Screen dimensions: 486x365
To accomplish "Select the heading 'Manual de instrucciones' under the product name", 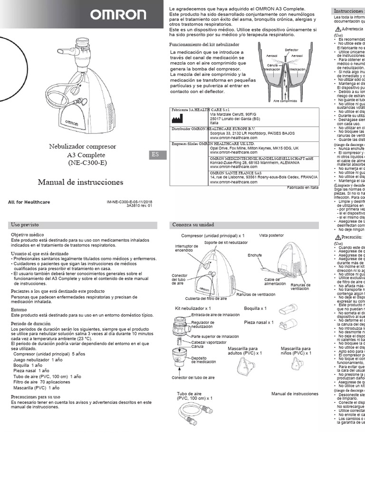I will tap(80, 182).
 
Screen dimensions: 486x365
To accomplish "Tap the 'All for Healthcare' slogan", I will tap(29, 202).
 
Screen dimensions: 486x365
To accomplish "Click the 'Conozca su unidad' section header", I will tap(193, 224).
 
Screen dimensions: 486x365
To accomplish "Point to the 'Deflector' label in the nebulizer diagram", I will tap(291, 50).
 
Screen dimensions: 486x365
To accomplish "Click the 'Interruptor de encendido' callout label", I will tap(186, 248).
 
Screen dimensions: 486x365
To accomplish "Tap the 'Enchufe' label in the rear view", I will tap(255, 255).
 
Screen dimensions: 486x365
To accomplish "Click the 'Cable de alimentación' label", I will tap(276, 282).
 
